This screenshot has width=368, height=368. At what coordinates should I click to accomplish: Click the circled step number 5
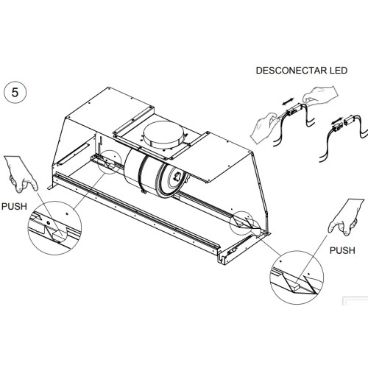pos(15,93)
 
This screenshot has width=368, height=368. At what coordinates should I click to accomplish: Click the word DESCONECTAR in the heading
pos(290,71)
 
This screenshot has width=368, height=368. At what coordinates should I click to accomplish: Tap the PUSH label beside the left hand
pos(14,206)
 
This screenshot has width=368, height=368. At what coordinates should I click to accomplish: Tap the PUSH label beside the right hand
pos(342,250)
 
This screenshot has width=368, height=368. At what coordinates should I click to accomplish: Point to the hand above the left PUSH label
pos(21,174)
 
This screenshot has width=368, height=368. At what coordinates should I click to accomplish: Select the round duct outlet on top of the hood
pos(163,134)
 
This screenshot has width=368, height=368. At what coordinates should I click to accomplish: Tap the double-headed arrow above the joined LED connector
pos(288,101)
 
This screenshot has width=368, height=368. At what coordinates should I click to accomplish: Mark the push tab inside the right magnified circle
pos(294,286)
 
